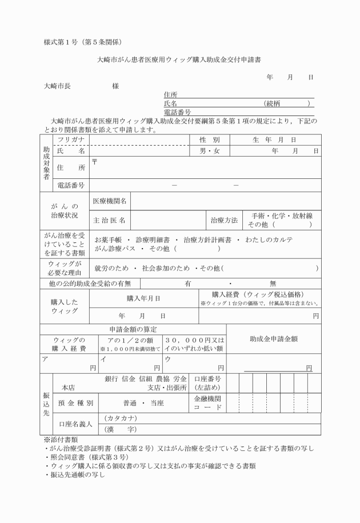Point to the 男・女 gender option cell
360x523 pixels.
tap(209, 151)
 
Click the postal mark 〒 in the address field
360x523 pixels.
tap(95, 162)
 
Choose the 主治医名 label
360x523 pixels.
tap(111, 219)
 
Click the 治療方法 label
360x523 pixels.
tap(224, 219)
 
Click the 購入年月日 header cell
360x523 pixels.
tap(143, 298)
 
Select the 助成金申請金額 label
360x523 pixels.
tap(273, 338)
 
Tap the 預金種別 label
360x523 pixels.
tap(75, 402)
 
